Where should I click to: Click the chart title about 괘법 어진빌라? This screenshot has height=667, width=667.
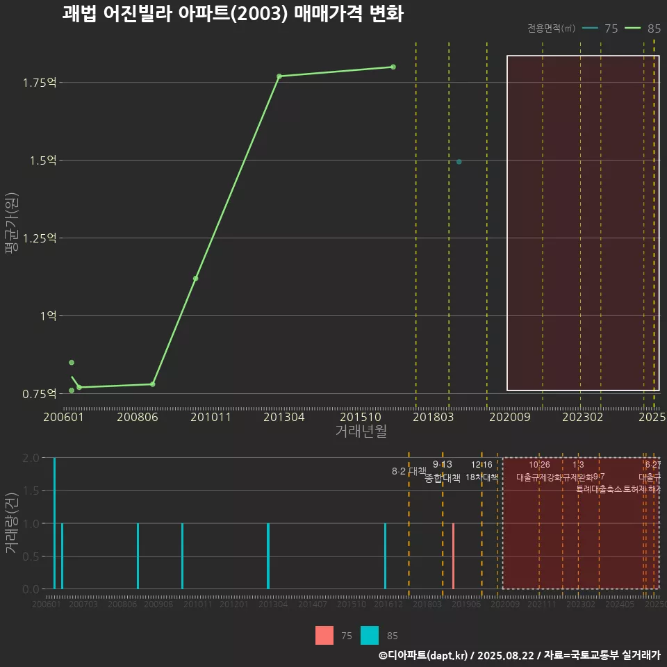tap(233, 14)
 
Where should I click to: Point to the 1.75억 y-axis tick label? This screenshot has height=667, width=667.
tap(39, 83)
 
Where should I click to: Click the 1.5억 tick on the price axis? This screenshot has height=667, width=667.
tap(42, 160)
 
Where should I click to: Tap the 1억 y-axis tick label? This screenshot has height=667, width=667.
tap(49, 316)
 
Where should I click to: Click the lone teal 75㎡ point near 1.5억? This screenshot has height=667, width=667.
tap(459, 162)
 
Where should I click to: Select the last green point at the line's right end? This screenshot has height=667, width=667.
tap(393, 67)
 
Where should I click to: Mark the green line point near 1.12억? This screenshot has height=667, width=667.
tap(196, 279)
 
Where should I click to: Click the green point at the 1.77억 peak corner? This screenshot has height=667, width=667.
tap(279, 76)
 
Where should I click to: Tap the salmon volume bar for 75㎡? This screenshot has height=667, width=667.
tap(453, 556)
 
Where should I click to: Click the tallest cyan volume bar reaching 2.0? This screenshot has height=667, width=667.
tap(54, 523)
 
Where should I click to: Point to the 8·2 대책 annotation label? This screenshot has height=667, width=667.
tap(409, 471)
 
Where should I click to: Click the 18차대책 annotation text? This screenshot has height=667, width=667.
tap(482, 477)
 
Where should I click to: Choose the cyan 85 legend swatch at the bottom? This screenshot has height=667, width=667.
tap(370, 635)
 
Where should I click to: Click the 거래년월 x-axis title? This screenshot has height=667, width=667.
tap(361, 431)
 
